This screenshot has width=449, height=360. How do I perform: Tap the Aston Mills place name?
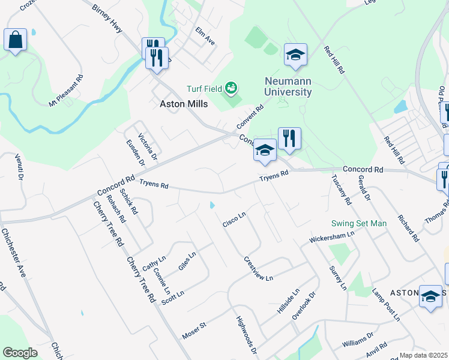[183, 104]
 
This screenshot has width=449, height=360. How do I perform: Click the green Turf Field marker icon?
[231, 89]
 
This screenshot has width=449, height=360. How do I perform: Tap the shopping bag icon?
[16, 40]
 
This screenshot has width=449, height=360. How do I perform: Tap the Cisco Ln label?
[235, 220]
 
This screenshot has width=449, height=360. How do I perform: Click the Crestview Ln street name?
[258, 269]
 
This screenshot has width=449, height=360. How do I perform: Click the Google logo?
[20, 352]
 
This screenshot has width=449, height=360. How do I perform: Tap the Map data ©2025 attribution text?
[423, 355]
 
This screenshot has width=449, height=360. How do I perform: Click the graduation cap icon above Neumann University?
[295, 55]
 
